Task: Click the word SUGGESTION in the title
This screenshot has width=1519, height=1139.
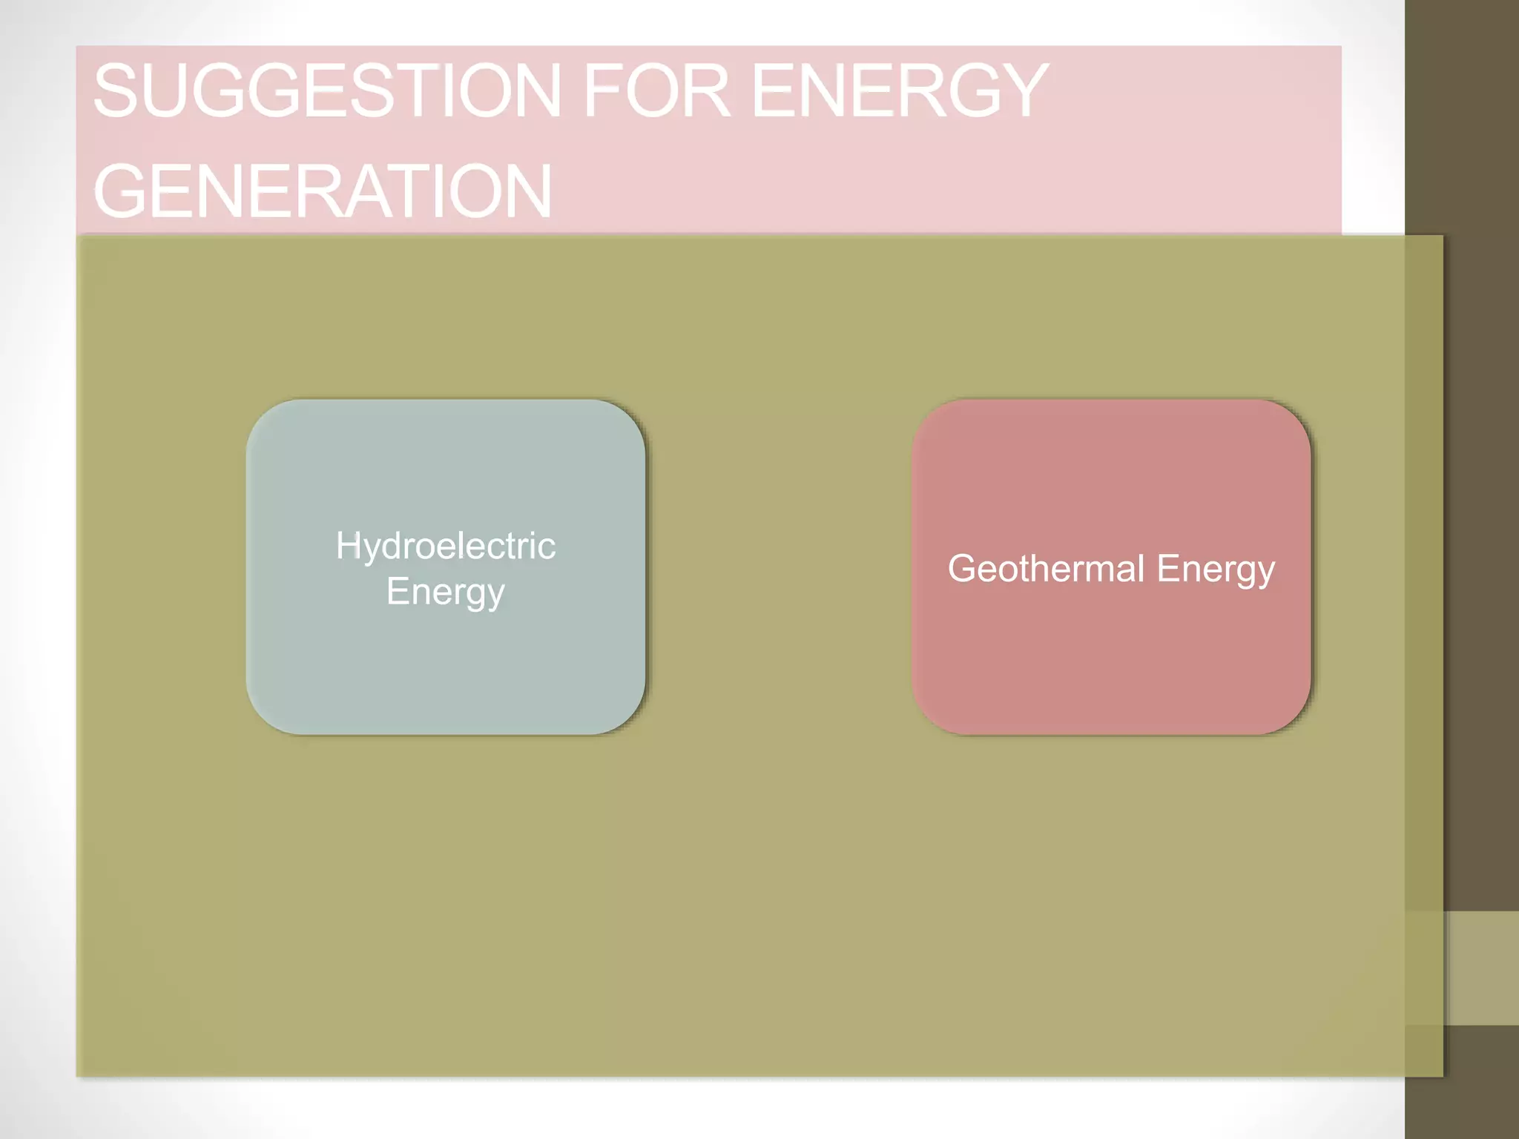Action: (x=326, y=90)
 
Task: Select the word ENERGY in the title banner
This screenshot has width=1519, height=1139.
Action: (x=900, y=90)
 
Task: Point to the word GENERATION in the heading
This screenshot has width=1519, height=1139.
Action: (x=323, y=191)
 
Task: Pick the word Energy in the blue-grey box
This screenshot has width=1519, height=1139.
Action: (x=445, y=592)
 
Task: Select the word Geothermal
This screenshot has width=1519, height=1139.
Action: (x=1046, y=569)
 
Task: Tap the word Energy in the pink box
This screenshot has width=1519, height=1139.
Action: (x=1215, y=570)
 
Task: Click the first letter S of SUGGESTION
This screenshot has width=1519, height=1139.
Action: (x=116, y=90)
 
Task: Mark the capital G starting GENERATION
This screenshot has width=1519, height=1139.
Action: (x=121, y=191)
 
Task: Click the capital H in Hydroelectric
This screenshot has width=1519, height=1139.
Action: (x=348, y=546)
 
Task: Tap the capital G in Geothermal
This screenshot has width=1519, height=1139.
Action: (x=963, y=569)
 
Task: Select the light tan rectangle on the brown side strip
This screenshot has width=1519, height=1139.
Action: (x=1482, y=968)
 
